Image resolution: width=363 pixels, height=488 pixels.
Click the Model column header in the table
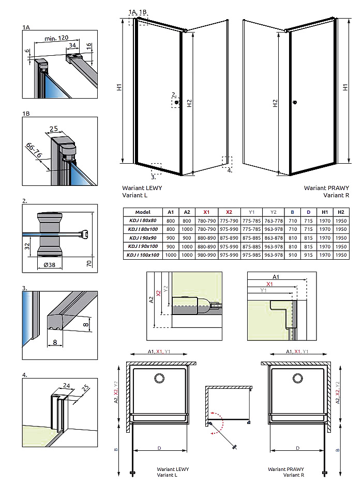[142, 212]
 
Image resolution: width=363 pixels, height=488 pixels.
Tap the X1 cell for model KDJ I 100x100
[206, 255]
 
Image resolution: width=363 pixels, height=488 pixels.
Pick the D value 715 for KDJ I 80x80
[308, 221]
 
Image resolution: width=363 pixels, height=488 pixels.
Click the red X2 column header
[229, 212]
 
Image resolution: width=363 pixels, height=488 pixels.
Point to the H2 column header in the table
[340, 212]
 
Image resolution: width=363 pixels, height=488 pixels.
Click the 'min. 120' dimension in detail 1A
[56, 38]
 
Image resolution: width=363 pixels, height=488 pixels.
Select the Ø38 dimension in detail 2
[50, 264]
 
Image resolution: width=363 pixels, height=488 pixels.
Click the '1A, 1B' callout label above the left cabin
[138, 11]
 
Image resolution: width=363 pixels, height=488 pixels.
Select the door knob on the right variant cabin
[294, 102]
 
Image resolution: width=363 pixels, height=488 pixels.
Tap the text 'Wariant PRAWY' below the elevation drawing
[326, 188]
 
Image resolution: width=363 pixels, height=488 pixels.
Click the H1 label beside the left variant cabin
[119, 88]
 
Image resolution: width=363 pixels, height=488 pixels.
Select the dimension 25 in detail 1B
[53, 129]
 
